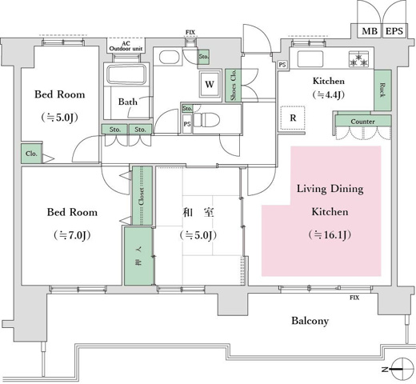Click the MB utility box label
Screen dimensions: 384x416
[x=369, y=31]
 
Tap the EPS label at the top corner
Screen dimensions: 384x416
[x=394, y=31]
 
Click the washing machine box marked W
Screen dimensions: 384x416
[x=209, y=83]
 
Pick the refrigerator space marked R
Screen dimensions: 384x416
[x=294, y=118]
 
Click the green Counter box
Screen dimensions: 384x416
[x=363, y=122]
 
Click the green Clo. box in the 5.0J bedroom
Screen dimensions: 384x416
[x=31, y=154]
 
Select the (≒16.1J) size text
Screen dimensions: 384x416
[x=330, y=235]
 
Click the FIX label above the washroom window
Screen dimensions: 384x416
[x=190, y=32]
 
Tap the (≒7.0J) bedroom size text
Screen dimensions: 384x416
[x=71, y=235]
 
